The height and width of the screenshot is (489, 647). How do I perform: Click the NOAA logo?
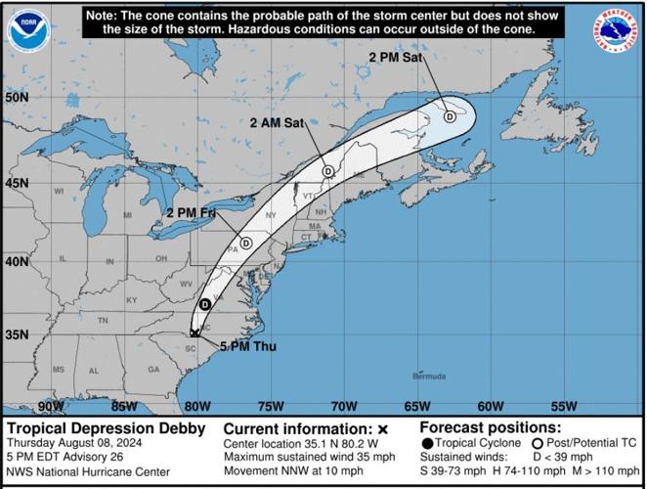coord(28,29)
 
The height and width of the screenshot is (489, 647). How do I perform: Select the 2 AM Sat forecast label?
coord(278,122)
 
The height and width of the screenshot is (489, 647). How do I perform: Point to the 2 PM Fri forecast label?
coord(192,212)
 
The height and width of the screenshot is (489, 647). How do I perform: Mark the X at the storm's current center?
coord(195,333)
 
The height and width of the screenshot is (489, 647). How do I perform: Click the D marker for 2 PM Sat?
coord(450,116)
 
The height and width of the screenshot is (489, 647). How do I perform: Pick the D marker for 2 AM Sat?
coord(328,171)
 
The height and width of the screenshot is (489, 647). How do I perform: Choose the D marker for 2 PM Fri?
coord(246,243)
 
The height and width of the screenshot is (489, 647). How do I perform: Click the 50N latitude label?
coord(17,98)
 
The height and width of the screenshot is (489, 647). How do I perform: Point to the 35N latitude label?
coord(17,335)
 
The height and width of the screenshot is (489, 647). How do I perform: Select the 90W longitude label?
coord(50,406)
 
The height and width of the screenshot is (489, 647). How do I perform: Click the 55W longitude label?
coord(563,406)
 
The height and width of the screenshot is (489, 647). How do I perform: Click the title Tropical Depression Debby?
coord(106,428)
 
